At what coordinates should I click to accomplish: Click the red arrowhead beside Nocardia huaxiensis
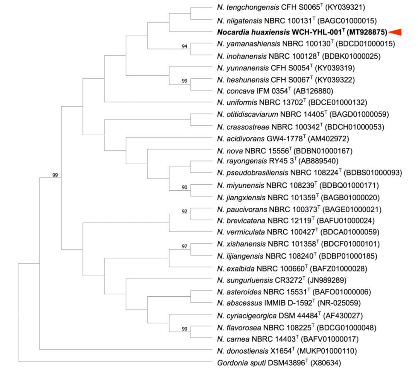pyautogui.click(x=395, y=32)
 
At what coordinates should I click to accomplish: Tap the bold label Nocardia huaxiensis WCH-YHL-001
pyautogui.click(x=302, y=32)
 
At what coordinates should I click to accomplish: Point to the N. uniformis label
pyautogui.click(x=235, y=103)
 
